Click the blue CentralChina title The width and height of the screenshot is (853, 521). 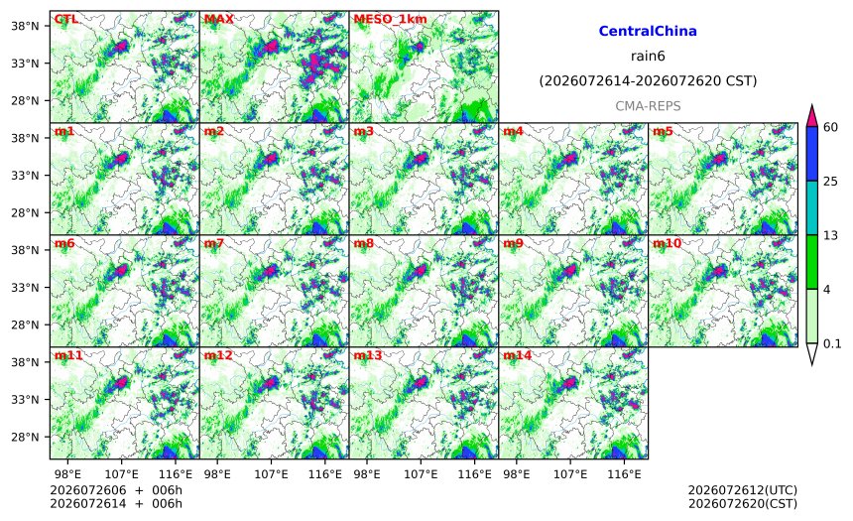(648, 31)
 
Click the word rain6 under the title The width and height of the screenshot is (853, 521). (648, 57)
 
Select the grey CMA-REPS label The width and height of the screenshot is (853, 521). (648, 106)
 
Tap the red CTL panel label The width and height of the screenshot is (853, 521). (65, 19)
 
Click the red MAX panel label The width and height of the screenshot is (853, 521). (218, 19)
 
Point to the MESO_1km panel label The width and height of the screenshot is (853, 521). (390, 19)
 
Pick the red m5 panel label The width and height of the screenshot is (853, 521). (663, 131)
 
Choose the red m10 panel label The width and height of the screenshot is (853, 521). (667, 243)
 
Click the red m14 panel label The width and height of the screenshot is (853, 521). (518, 355)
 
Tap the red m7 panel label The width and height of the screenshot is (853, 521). (214, 243)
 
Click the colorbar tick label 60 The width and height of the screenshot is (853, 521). (830, 127)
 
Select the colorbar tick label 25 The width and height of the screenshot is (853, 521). (830, 182)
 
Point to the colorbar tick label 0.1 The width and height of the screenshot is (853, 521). (832, 343)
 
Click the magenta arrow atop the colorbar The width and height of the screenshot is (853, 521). (811, 116)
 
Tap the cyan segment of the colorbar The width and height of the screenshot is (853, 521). (811, 208)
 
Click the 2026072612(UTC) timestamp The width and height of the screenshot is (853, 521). (743, 490)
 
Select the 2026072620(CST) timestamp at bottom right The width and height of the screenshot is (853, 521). (743, 503)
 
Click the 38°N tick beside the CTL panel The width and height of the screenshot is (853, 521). (25, 26)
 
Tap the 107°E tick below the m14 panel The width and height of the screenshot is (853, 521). (570, 474)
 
